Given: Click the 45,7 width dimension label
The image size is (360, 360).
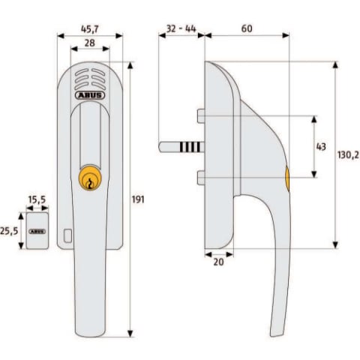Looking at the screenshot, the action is point(90,29).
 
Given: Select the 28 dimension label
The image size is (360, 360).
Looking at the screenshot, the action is point(90,43).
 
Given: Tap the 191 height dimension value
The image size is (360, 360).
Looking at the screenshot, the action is point(138,199).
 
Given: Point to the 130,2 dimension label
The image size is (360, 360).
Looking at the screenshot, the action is point(348,154).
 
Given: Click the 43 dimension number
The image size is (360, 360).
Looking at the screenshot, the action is point(321,146).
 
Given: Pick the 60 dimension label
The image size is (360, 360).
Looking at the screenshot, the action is point(247,28).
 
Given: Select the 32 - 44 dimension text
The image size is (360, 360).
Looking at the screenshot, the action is point(181,28).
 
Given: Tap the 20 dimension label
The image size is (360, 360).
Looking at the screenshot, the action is point(218,262).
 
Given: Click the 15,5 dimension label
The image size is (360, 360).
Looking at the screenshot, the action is point(37,199).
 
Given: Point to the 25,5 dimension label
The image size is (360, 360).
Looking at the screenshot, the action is point(9,231).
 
